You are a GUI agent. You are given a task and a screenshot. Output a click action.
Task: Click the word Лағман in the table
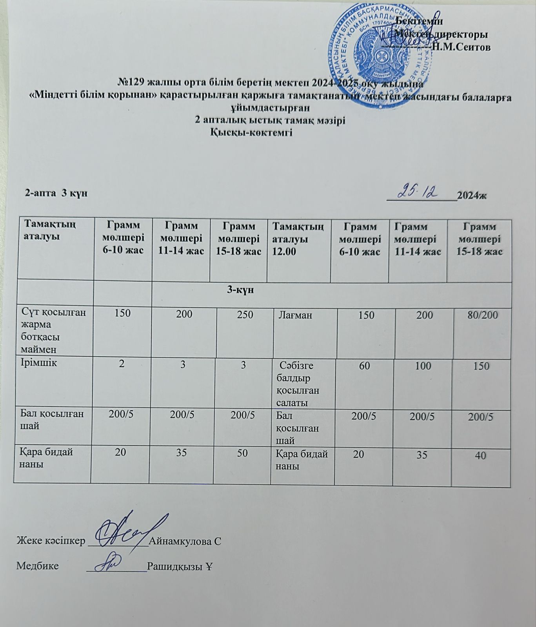pos(295,315)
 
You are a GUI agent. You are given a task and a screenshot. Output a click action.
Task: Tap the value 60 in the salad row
pos(364,366)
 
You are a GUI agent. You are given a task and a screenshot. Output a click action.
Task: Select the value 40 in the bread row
pos(481,456)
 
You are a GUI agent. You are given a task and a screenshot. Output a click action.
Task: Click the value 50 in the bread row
pos(242,453)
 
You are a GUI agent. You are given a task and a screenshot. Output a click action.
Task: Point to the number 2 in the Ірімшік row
pos(122,364)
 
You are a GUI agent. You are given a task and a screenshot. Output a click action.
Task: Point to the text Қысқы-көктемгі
pos(252,133)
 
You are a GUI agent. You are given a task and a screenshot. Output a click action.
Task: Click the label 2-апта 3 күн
pos(56,193)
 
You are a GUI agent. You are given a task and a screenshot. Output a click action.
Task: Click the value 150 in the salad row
pos(481,366)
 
